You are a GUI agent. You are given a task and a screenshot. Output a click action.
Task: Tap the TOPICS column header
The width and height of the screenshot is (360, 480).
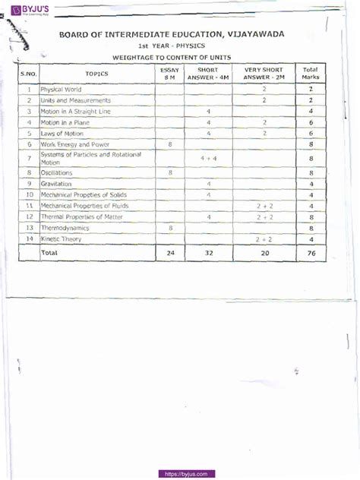[96, 74]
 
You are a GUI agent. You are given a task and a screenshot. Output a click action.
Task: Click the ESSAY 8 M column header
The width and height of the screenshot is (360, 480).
[169, 73]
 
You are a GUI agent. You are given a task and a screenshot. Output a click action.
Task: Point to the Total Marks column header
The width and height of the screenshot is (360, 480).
[311, 73]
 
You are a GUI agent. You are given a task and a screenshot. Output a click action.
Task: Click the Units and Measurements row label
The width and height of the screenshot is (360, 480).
[76, 100]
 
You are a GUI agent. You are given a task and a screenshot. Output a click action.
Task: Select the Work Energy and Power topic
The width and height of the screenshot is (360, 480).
[75, 143]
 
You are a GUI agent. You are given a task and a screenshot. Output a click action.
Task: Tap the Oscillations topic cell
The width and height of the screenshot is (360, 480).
[58, 172]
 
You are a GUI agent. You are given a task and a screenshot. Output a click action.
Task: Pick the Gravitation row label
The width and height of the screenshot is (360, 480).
[57, 184]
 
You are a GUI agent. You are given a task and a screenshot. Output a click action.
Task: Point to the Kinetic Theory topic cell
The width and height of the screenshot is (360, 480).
[63, 239]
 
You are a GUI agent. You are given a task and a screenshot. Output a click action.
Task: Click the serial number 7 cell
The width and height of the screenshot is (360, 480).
[28, 157]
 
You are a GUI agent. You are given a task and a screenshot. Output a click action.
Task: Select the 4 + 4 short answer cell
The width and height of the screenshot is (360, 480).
[208, 158]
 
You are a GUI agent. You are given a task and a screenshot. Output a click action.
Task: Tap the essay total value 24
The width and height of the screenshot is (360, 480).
[169, 252]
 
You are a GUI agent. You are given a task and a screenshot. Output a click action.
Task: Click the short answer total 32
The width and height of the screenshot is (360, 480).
[208, 252]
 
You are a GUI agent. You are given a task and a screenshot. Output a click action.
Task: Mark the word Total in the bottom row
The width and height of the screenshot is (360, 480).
[49, 252]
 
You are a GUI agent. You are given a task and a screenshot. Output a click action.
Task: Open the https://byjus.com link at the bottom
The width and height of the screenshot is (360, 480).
[186, 473]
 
